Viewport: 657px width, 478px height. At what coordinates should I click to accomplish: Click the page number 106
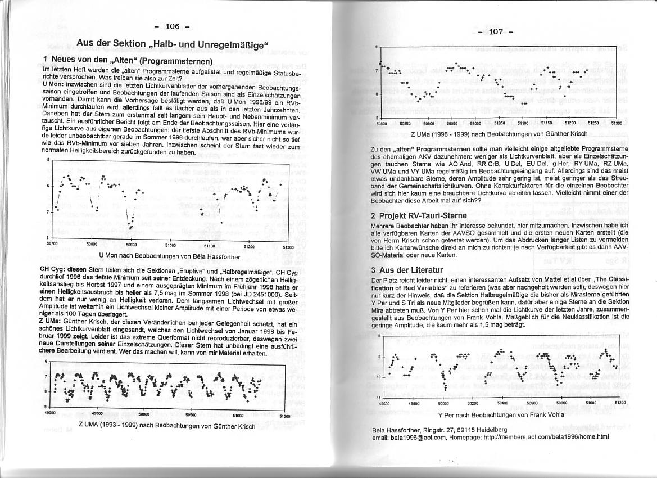tap(172, 26)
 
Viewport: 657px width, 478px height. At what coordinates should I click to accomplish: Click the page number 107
tap(495, 31)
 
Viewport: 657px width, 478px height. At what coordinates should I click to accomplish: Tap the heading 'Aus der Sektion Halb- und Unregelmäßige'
tap(173, 43)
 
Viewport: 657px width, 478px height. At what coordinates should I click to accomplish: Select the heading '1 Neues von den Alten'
tap(127, 60)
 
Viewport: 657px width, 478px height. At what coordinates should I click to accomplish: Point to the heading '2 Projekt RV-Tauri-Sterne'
tap(427, 215)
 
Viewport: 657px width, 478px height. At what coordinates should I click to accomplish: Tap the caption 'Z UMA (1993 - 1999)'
tap(166, 426)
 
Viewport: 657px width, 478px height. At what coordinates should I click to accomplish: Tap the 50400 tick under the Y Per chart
tap(502, 403)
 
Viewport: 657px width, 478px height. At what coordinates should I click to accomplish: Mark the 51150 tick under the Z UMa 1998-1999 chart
tap(547, 122)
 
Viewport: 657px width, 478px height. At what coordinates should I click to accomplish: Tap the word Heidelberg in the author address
tap(491, 430)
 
